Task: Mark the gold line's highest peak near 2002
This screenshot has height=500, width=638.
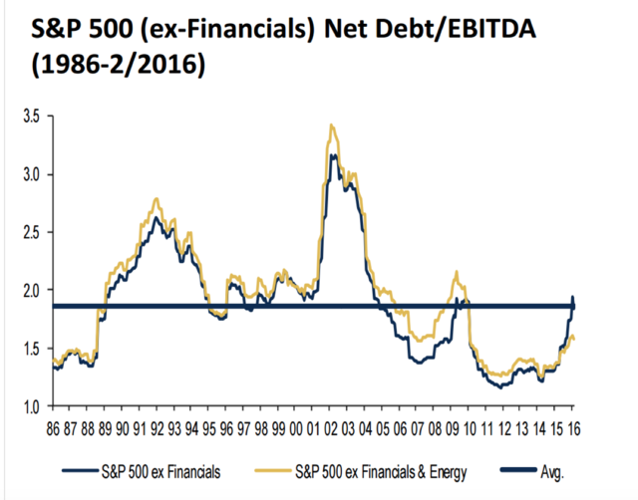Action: [330, 125]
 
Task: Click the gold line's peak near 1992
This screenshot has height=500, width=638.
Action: [157, 199]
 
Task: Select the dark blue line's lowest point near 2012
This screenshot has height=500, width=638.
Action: [501, 386]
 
